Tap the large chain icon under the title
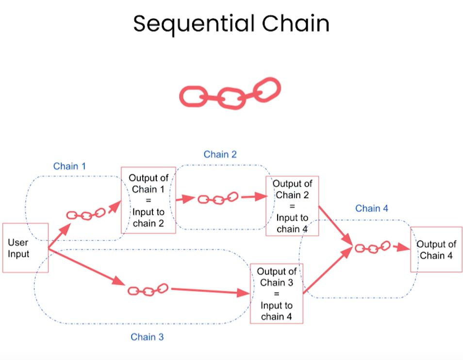230,94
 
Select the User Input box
25,247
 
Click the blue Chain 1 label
69,166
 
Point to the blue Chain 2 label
220,154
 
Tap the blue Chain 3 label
147,337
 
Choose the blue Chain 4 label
372,208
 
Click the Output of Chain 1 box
148,200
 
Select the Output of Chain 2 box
292,206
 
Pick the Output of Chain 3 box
276,294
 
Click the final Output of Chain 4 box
436,249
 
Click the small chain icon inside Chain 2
217,198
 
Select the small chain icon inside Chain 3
148,290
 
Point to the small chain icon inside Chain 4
372,248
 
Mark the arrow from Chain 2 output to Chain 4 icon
335,225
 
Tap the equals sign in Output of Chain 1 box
148,201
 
